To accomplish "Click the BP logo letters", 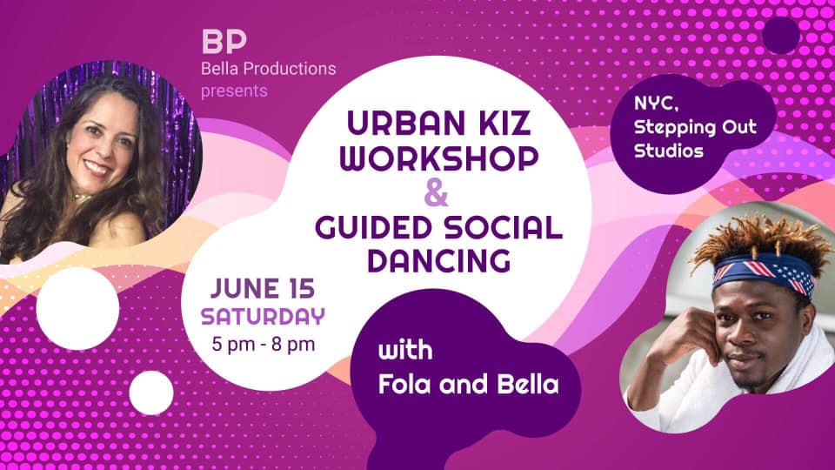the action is (224, 42).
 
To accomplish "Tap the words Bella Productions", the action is (269, 69).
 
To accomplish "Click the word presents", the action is (234, 91).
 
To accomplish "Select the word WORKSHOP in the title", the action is (439, 158).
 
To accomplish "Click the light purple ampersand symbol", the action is (436, 192).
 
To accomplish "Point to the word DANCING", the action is (439, 260).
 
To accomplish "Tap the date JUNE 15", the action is (263, 288).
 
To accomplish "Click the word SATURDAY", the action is (263, 317).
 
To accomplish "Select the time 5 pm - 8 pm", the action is (263, 344).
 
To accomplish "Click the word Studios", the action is (669, 151).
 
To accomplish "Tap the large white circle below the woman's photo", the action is (77, 308).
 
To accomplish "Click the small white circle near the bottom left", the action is (151, 393).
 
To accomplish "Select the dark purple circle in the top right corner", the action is (781, 35).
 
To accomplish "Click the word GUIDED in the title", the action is (373, 227).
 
